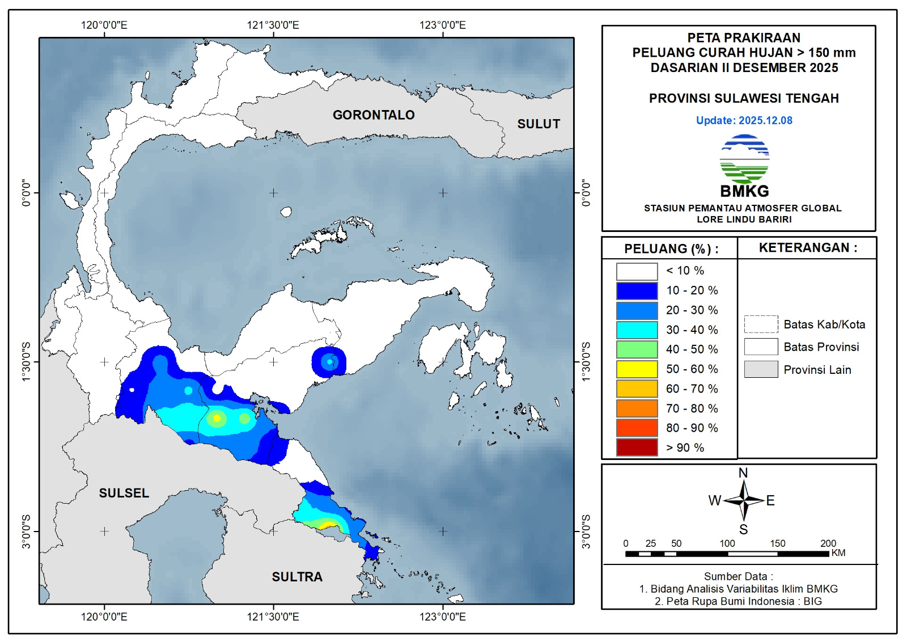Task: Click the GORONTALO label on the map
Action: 374,115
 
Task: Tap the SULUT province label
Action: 539,124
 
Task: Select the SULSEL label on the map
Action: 124,494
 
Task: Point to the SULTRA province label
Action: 297,577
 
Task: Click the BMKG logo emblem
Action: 744,159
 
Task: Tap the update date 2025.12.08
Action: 765,120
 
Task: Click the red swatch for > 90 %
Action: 637,448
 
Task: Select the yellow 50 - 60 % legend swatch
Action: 637,369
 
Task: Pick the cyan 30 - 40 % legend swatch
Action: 637,330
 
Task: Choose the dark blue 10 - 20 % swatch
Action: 637,290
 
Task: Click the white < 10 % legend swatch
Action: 637,271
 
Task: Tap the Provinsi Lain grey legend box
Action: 761,369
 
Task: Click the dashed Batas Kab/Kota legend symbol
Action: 761,324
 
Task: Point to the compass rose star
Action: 744,500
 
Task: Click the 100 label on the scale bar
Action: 727,543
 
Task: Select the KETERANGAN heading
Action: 808,248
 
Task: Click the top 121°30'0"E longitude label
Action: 273,25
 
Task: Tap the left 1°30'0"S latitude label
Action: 26,361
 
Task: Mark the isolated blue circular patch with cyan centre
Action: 329,361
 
